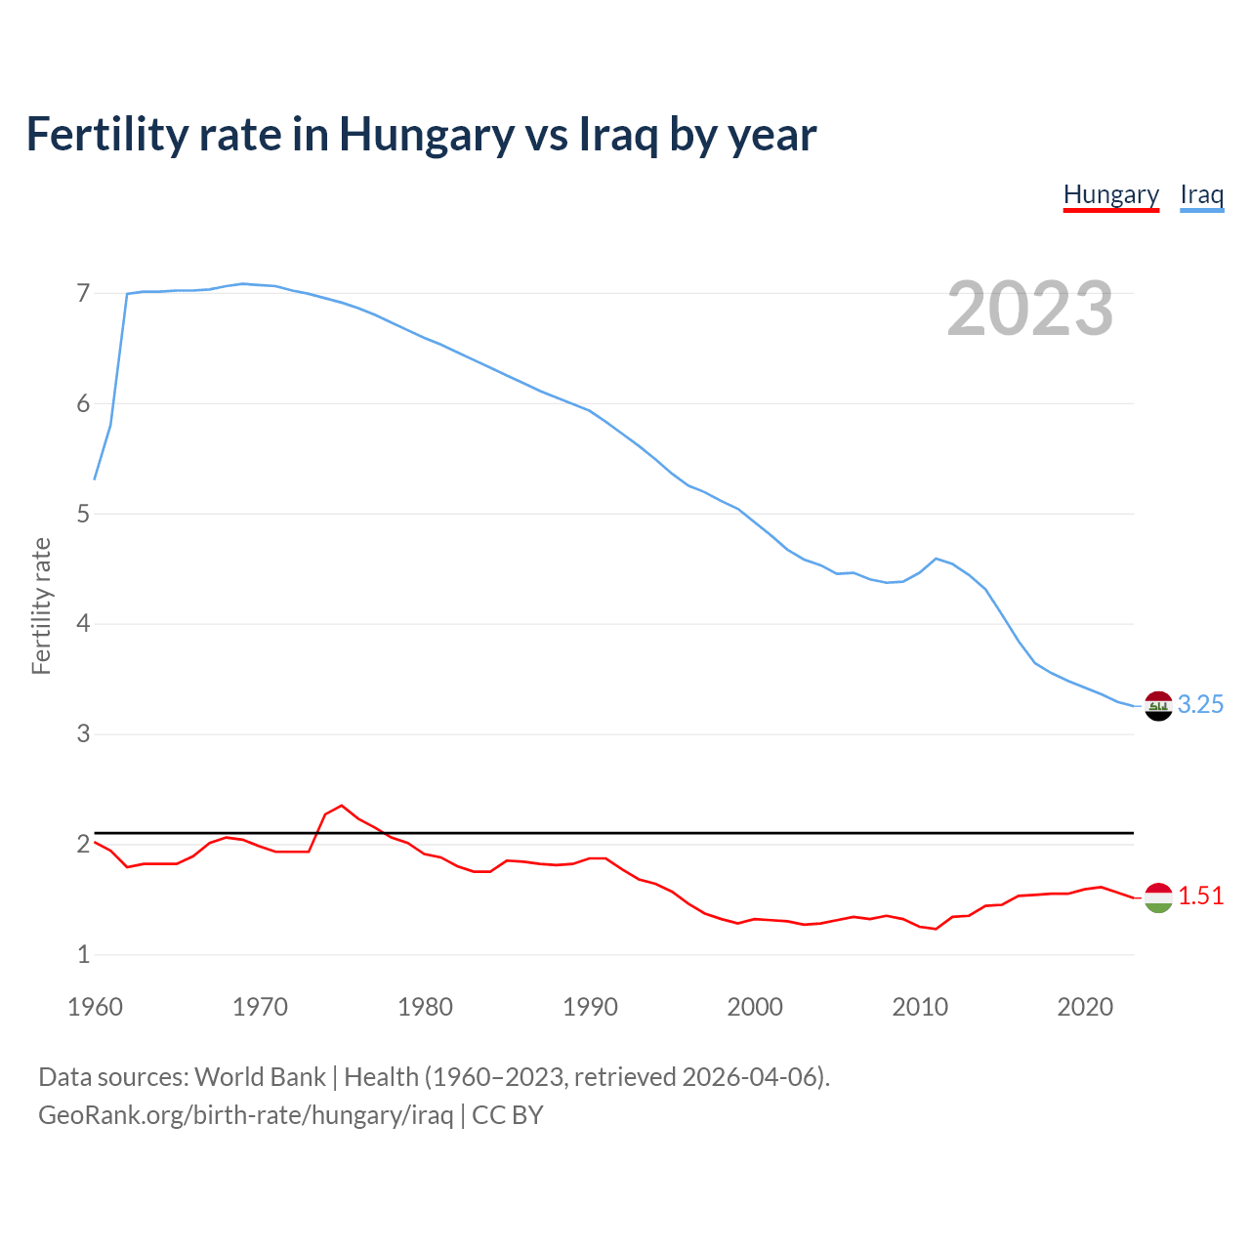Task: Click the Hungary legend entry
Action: coord(1110,194)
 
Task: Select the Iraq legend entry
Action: coord(1201,194)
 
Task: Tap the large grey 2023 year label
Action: coord(1029,309)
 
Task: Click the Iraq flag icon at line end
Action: coord(1158,705)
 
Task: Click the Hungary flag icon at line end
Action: coord(1158,896)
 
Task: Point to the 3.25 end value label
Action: coord(1200,705)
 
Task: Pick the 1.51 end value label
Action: coord(1200,896)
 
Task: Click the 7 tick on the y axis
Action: coord(83,293)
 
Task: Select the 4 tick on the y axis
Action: coord(83,623)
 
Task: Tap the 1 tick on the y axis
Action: coord(83,954)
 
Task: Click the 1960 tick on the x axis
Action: coord(95,1007)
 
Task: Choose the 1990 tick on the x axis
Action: coord(590,1007)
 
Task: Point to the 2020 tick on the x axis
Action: coord(1085,1007)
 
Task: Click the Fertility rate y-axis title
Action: coord(41,605)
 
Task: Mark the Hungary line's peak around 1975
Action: coord(342,806)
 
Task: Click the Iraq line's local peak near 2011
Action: coord(937,559)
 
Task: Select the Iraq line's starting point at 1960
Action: coord(95,479)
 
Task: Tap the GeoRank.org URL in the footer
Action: coord(245,1115)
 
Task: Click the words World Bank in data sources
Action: coord(260,1077)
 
